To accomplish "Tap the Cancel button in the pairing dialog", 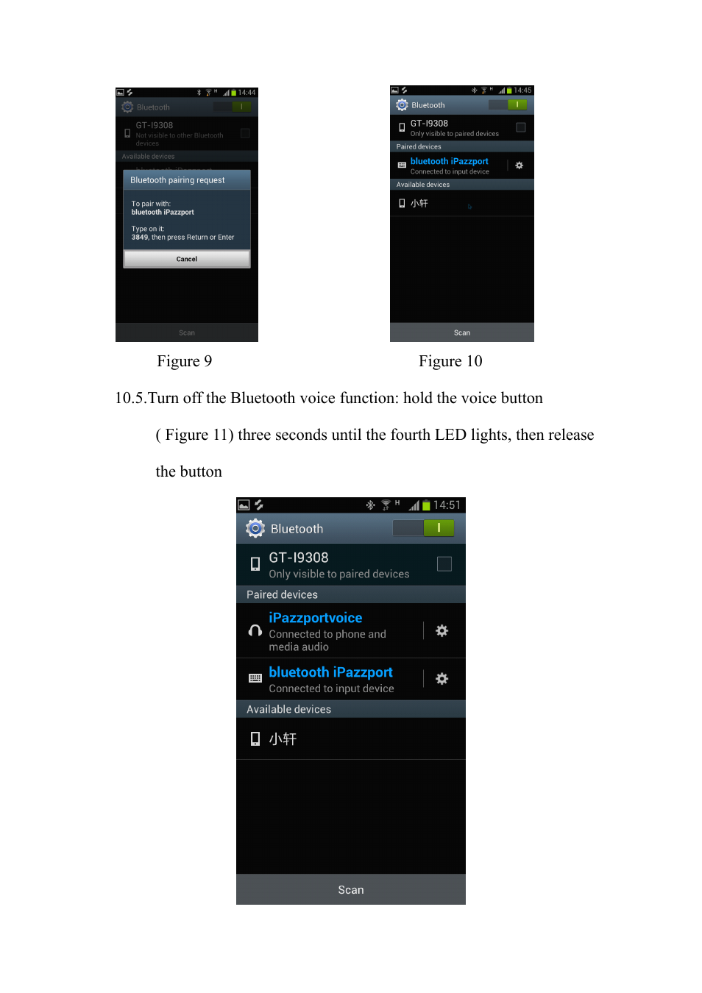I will click(x=187, y=259).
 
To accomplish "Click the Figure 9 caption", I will click(x=184, y=361).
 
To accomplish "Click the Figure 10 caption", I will click(x=450, y=361).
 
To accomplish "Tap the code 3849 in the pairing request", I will click(x=140, y=238).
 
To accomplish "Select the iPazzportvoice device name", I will click(x=315, y=618).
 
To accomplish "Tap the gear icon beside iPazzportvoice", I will click(x=442, y=630).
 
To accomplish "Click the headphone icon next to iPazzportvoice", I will click(x=255, y=630).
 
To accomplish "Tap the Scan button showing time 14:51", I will click(x=351, y=889).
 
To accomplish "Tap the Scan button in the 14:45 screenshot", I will click(x=462, y=332).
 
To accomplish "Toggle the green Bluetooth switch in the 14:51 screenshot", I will click(x=424, y=527).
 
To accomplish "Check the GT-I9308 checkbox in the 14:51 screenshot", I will click(x=444, y=563).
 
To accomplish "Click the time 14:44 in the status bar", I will click(x=247, y=93).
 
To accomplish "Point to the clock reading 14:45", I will click(x=522, y=90).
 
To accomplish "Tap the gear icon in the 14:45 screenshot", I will click(x=520, y=165).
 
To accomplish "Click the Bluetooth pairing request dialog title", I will click(x=177, y=180).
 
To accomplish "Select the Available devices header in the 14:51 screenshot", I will click(x=288, y=709).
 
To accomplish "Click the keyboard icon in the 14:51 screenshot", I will click(x=255, y=678).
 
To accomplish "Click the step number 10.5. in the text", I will click(x=130, y=398).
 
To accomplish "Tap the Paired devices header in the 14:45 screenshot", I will click(x=419, y=146).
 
